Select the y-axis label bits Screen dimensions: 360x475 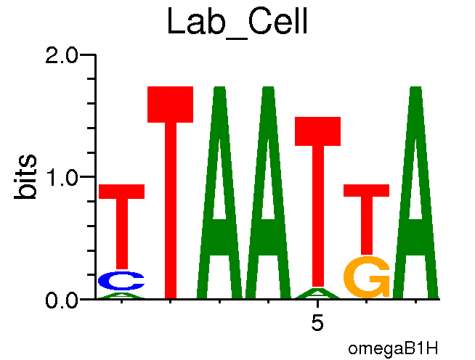click(x=28, y=176)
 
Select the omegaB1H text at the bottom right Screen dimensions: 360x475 click(x=393, y=348)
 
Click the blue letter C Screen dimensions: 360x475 click(x=121, y=280)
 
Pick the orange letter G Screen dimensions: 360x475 click(x=366, y=278)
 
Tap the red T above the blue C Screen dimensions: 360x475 click(x=121, y=218)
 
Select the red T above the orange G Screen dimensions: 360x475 click(x=366, y=210)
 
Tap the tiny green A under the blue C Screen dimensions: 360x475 click(x=121, y=295)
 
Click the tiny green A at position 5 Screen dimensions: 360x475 click(x=317, y=294)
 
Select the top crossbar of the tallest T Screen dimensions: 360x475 click(x=170, y=104)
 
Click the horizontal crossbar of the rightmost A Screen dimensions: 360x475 click(x=415, y=236)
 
